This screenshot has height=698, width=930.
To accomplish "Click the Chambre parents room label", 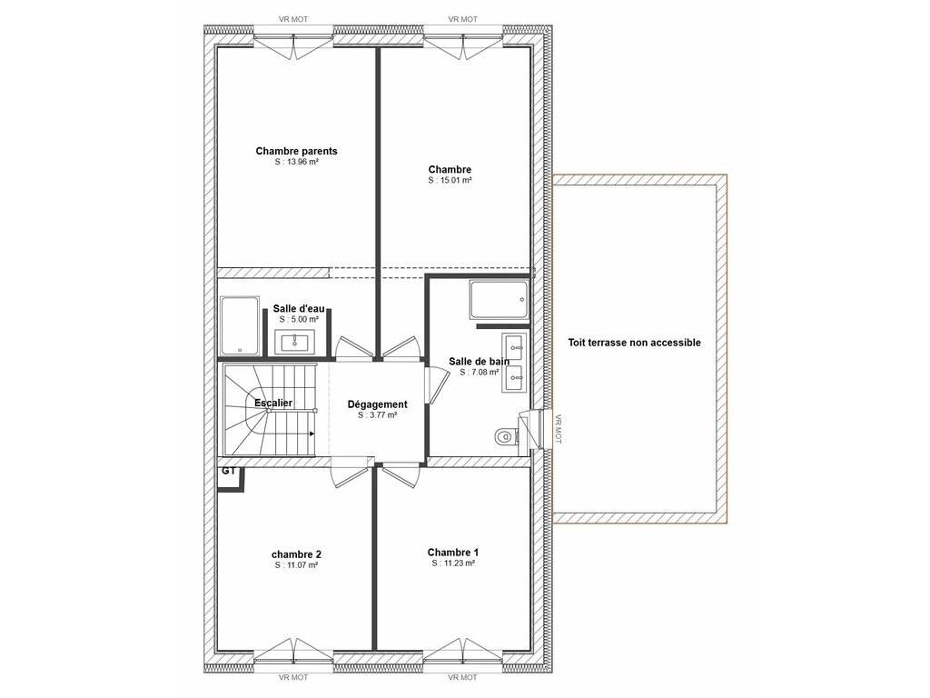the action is (297, 151).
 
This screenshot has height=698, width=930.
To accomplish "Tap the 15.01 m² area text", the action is (450, 181).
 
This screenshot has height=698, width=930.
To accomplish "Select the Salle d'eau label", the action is (299, 309).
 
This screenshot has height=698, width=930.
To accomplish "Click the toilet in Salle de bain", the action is (505, 437).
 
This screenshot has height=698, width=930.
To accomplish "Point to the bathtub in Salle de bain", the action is (499, 300).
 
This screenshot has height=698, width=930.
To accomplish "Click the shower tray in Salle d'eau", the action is (240, 326).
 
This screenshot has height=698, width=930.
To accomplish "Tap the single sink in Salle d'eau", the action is (295, 343).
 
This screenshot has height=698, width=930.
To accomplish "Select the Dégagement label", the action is (377, 404).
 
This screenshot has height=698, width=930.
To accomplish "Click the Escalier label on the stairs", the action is (273, 403).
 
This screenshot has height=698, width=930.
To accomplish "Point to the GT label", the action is (229, 472).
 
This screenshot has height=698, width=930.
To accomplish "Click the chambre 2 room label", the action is (297, 554).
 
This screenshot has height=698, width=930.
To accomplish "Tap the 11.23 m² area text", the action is (453, 563).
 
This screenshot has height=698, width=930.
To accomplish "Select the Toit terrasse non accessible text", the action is (635, 343).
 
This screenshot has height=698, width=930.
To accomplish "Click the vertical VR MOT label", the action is (558, 429).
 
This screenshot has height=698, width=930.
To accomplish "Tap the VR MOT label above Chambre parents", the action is (293, 20).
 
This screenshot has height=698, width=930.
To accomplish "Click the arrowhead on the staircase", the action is (312, 434).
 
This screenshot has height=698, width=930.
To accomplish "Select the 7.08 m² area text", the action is (480, 372).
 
